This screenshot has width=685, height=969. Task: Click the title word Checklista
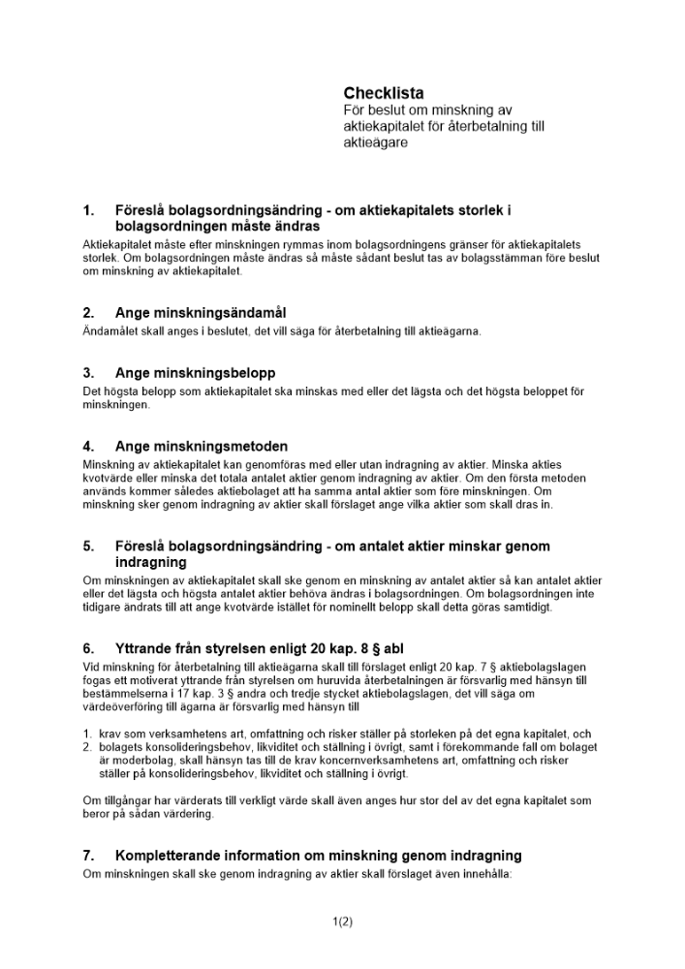click(384, 93)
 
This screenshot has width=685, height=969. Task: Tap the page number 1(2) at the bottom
click(342, 922)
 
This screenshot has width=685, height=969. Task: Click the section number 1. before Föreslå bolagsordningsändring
click(89, 209)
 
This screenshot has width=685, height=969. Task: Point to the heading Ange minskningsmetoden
click(202, 447)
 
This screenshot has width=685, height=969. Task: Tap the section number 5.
click(89, 547)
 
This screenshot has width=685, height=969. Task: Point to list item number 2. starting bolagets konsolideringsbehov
click(87, 747)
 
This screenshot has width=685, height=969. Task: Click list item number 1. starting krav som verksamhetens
click(87, 734)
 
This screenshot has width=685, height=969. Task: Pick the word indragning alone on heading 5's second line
click(150, 562)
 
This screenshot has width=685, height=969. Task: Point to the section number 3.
click(89, 372)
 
